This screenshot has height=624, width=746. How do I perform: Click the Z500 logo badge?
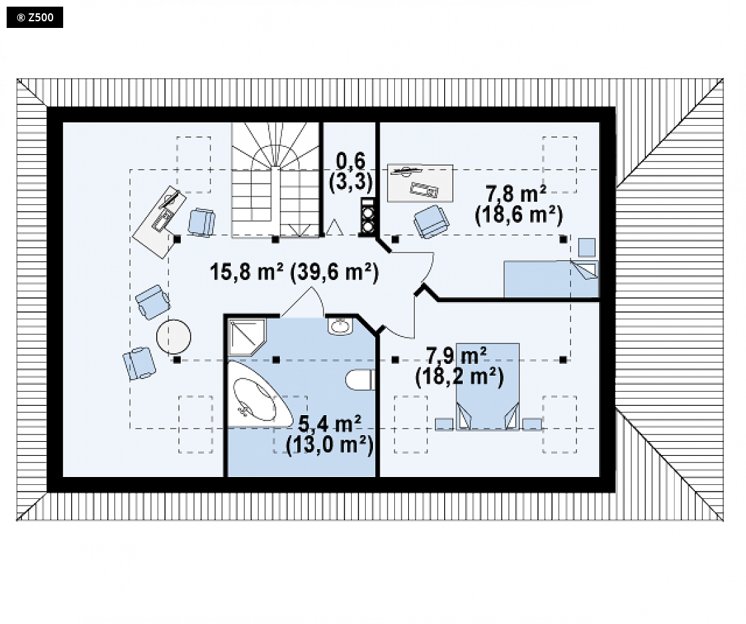pyautogui.click(x=35, y=17)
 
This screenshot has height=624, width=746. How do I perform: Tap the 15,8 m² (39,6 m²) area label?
pyautogui.click(x=294, y=272)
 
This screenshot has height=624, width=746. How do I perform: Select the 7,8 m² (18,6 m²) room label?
pyautogui.click(x=519, y=205)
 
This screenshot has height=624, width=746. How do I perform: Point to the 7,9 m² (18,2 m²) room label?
pyautogui.click(x=459, y=367)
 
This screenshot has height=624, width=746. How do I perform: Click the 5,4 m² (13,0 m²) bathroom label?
pyautogui.click(x=329, y=435)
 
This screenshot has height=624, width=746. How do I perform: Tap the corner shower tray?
pyautogui.click(x=246, y=337)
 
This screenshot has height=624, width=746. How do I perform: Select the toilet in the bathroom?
pyautogui.click(x=360, y=380)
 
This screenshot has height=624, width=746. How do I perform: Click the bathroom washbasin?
pyautogui.click(x=340, y=326)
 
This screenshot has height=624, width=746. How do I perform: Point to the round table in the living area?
pyautogui.click(x=174, y=337)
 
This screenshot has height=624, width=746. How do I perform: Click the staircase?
pyautogui.click(x=275, y=180)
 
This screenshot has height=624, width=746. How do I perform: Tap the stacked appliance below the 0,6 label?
pyautogui.click(x=367, y=217)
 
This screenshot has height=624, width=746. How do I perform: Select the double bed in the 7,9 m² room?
pyautogui.click(x=487, y=387)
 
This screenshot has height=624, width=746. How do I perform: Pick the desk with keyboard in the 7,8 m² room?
pyautogui.click(x=420, y=183)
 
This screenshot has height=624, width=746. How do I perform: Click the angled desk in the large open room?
pyautogui.click(x=160, y=222)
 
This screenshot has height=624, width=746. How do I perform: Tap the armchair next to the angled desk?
pyautogui.click(x=201, y=222)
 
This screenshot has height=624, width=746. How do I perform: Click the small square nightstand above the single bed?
pyautogui.click(x=586, y=247)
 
